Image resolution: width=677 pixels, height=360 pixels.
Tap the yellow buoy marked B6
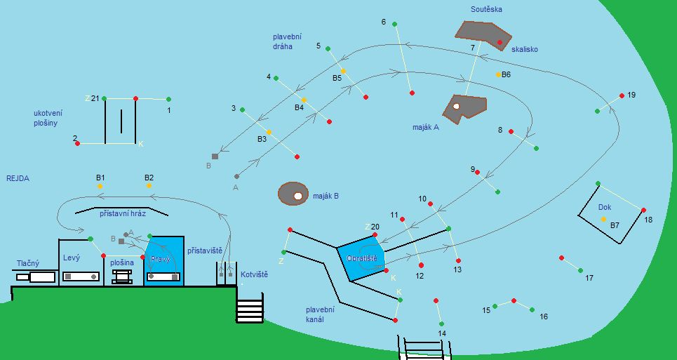[x=499, y=74]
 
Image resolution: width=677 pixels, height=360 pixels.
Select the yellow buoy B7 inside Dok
[x=603, y=220]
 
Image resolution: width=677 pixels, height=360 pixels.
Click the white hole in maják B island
[x=298, y=196]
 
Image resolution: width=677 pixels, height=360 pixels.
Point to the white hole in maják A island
[x=456, y=107]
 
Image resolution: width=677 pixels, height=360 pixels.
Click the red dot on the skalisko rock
[x=500, y=43]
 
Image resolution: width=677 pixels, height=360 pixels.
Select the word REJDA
[x=18, y=178]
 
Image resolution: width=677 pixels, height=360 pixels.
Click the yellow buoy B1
[x=100, y=187]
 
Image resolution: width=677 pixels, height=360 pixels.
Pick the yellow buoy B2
[x=149, y=187]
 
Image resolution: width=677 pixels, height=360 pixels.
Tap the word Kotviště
[x=254, y=274]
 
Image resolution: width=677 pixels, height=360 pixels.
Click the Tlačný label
[x=28, y=263]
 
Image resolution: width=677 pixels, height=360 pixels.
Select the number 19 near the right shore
[x=631, y=95]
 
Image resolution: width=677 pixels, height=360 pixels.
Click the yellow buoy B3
[x=269, y=131]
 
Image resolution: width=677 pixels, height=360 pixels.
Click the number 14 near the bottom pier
[x=442, y=333]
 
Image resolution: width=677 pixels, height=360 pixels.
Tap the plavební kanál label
[x=320, y=314]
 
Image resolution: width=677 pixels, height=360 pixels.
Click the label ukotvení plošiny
[x=46, y=118]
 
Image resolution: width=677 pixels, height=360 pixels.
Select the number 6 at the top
[x=384, y=22]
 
